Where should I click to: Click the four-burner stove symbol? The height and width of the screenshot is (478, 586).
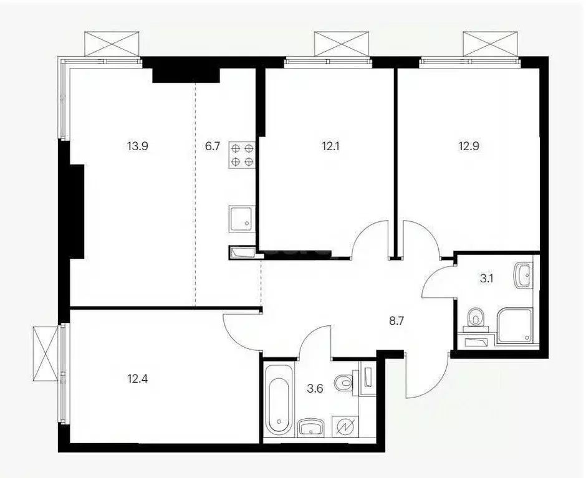243,155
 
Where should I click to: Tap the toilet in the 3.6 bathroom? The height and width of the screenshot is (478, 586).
343,382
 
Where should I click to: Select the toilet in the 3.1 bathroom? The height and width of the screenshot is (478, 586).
478,318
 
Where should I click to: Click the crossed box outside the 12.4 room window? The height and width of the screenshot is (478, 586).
46,353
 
